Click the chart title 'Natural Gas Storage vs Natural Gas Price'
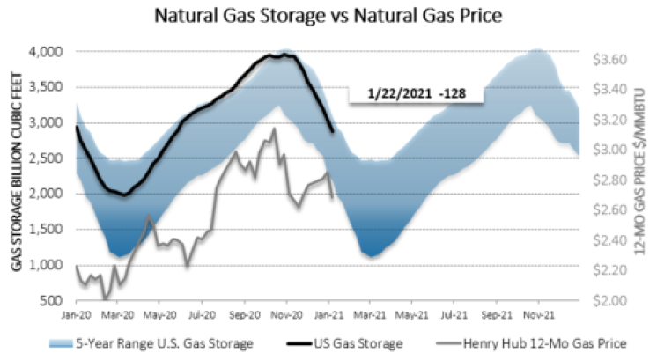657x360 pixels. [x=328, y=17]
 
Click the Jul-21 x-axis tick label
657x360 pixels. [x=454, y=312]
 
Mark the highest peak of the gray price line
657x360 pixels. [x=274, y=129]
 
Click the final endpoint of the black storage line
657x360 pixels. [x=332, y=132]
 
